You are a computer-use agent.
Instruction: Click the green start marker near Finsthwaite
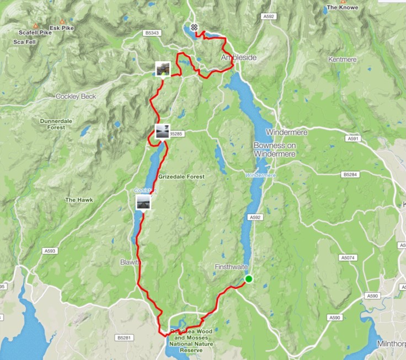[248, 279]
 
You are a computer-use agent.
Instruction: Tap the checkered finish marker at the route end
[194, 27]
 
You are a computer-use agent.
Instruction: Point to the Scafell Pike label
[34, 33]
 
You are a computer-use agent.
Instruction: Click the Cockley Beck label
[76, 96]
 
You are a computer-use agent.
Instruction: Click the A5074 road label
[348, 257]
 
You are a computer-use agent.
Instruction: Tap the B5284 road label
[350, 175]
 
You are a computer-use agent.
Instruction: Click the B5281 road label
[126, 337]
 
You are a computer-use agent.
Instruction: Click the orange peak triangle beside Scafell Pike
[35, 25]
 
